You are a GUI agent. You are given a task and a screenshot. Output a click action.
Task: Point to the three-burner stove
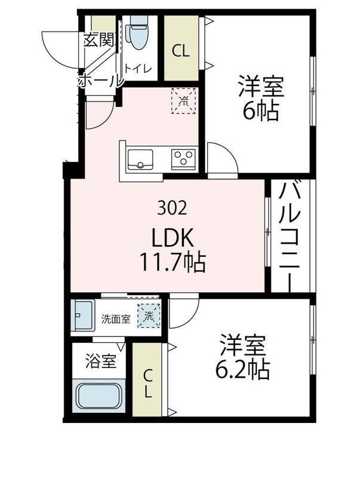[x=183, y=158]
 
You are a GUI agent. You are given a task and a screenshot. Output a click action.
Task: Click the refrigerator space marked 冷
[x=183, y=100]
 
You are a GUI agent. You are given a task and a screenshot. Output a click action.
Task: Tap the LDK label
[x=173, y=239]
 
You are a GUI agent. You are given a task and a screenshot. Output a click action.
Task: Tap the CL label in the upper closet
[x=181, y=51]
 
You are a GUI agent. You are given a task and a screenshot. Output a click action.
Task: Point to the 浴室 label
[x=100, y=361]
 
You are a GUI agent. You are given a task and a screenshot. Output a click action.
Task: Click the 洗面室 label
[x=115, y=318]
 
